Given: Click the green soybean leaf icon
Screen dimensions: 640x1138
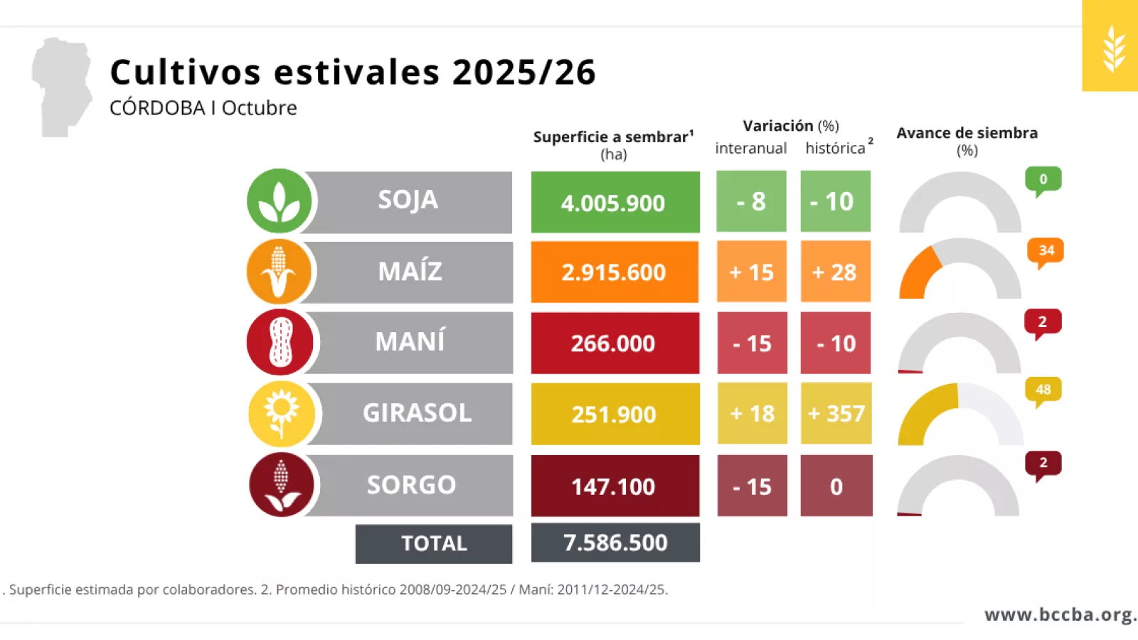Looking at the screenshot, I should click(280, 201).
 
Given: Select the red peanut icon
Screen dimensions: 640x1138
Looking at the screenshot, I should click(280, 342).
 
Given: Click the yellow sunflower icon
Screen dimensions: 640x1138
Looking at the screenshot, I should click(282, 413).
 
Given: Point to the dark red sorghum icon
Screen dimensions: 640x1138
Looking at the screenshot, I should click(282, 484).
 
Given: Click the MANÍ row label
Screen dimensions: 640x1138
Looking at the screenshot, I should click(410, 342).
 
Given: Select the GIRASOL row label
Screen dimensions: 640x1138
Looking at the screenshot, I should click(417, 413).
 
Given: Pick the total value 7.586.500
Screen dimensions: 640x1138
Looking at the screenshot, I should click(615, 543).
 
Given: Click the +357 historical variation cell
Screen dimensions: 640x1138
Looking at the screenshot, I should click(836, 413).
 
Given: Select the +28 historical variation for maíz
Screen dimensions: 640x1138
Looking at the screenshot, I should click(835, 272).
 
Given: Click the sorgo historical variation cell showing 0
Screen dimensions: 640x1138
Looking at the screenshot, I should click(836, 486).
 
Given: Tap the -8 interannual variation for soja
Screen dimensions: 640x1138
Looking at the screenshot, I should click(751, 201).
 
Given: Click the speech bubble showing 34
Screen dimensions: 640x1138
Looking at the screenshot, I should click(1046, 252).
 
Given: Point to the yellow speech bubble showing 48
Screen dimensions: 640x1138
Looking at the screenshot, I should click(1043, 390).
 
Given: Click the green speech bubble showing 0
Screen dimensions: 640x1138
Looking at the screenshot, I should click(1043, 180).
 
